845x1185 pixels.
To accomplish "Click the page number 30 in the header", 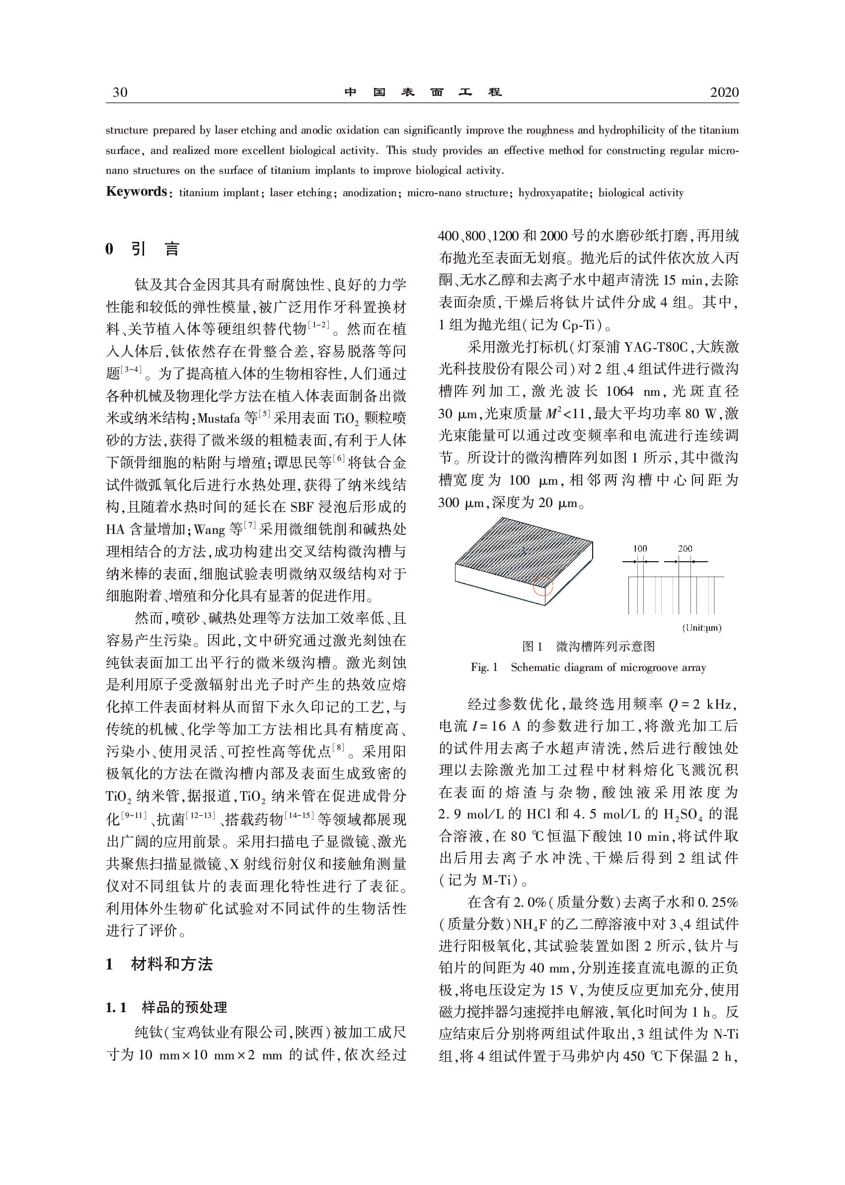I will [x=120, y=92].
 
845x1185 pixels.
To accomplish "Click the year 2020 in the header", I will [x=724, y=92].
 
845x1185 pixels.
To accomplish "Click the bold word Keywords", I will [x=136, y=191].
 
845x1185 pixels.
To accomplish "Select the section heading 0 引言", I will [x=143, y=249].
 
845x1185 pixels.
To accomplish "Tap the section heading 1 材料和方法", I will [x=159, y=964].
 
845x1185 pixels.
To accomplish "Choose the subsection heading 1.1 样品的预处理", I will [x=166, y=1008].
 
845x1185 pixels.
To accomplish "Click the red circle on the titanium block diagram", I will [x=542, y=586].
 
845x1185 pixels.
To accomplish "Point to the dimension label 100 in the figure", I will [x=640, y=549].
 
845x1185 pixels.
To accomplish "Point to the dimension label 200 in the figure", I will [x=685, y=549].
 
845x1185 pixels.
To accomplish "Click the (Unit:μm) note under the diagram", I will [x=702, y=628].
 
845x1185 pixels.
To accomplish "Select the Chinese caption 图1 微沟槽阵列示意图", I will [x=589, y=647].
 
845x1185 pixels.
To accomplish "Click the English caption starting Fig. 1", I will [x=589, y=667].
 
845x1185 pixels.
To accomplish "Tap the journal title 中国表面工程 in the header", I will [x=422, y=92].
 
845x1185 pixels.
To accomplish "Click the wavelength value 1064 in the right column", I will [x=619, y=391].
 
